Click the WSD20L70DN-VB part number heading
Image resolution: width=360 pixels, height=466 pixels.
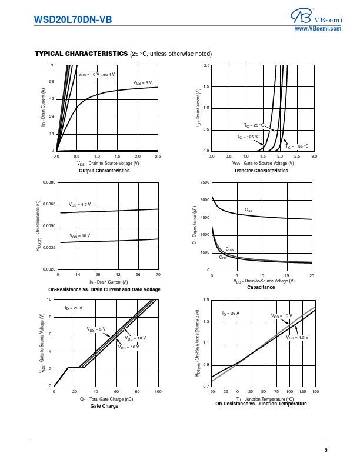[73, 19]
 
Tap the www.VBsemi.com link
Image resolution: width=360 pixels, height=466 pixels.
[318, 28]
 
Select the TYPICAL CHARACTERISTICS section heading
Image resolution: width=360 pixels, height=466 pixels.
[81, 54]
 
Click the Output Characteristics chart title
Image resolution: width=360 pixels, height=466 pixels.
[104, 171]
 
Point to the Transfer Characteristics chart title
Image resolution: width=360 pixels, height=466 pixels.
[261, 171]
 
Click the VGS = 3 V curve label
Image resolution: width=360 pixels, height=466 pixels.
[142, 82]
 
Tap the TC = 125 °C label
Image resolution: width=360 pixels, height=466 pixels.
[248, 137]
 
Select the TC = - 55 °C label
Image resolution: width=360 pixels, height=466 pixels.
[297, 146]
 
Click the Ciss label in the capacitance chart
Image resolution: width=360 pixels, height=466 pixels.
[248, 209]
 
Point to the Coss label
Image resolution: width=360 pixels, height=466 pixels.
[229, 249]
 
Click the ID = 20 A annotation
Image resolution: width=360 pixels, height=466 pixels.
[74, 308]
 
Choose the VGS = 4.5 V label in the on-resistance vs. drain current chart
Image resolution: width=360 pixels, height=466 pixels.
[80, 204]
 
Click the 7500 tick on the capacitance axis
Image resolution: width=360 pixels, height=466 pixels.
[204, 182]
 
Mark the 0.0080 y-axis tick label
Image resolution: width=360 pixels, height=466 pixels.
[49, 182]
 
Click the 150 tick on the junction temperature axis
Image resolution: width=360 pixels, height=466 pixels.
[315, 391]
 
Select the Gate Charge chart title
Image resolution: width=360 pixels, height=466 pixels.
[104, 406]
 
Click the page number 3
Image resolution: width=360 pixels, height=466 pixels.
[325, 451]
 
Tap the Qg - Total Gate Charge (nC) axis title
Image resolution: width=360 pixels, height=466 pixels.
[106, 399]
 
